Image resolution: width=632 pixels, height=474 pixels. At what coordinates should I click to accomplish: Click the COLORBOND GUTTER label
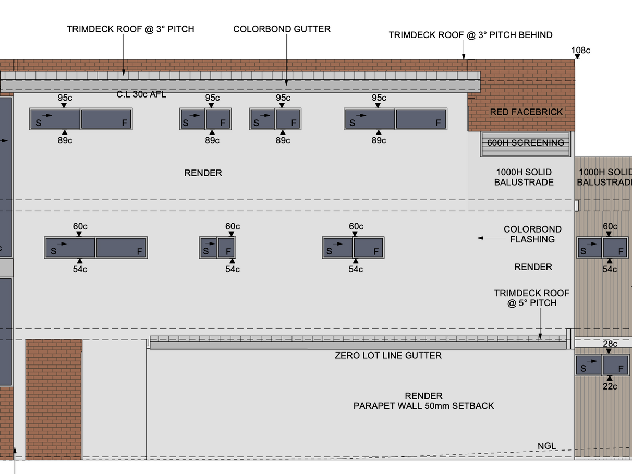pos(282,29)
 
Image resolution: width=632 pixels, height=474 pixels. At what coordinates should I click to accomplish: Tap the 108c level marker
pos(580,51)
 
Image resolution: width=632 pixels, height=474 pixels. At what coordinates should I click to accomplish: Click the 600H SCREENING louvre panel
pos(526,143)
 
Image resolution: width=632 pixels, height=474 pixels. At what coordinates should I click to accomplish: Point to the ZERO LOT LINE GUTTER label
pos(388,356)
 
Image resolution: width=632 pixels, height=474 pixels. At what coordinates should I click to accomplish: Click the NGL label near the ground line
pos(547,446)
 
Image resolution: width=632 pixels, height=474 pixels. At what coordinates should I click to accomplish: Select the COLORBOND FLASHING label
pos(532,234)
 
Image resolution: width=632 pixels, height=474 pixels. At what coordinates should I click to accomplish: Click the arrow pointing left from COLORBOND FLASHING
pos(488,238)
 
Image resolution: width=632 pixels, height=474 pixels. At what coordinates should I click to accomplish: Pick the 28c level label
pos(610,344)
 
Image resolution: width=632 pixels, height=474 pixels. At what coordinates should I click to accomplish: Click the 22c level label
pos(610,386)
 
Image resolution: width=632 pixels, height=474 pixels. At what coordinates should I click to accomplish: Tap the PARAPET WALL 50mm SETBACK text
pos(423,406)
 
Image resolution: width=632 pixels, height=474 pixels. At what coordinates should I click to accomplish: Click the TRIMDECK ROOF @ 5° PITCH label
pos(532,298)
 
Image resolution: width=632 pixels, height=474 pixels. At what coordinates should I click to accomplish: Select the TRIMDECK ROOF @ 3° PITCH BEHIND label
pos(470,35)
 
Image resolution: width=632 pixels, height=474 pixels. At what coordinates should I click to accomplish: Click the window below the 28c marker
pos(602,365)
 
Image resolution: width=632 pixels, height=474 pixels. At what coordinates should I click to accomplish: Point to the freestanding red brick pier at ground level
pos(54,399)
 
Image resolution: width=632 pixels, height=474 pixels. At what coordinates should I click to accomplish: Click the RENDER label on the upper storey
pos(203,173)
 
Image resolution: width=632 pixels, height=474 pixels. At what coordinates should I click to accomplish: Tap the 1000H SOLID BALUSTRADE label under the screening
pos(524,177)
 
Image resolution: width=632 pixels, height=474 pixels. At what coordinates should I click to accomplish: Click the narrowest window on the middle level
pos(217,247)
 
